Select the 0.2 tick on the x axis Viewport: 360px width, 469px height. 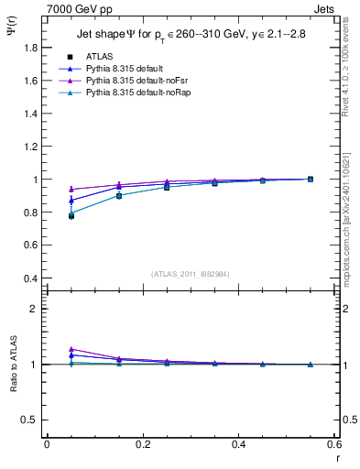(x=142, y=444)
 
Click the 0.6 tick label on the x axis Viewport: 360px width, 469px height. (x=334, y=444)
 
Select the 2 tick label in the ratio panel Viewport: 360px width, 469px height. (x=35, y=309)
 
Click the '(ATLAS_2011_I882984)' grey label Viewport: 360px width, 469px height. (x=190, y=273)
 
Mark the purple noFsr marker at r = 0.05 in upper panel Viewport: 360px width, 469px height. (x=71, y=189)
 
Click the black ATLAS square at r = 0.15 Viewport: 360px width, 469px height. (x=119, y=196)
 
